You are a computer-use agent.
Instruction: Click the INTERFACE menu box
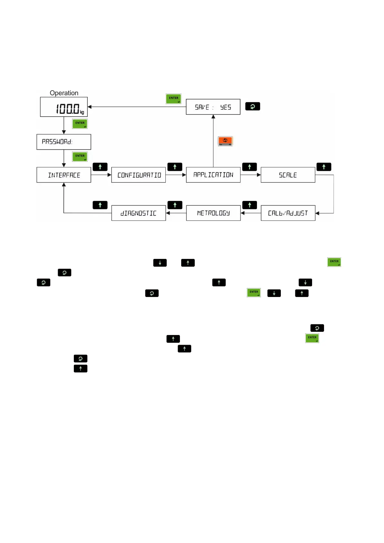(64, 175)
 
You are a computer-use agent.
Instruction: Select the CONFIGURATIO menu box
(139, 175)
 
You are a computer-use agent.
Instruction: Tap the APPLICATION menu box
(213, 175)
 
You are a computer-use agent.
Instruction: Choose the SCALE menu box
(288, 175)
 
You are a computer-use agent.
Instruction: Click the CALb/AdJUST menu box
(288, 213)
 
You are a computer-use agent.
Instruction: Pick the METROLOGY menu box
(213, 213)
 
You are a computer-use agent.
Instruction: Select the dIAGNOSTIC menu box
(139, 213)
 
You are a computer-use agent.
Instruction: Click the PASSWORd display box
(64, 142)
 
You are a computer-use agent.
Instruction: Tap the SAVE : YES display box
(213, 107)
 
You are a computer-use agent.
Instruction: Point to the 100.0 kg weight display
(64, 107)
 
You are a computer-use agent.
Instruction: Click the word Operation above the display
(64, 93)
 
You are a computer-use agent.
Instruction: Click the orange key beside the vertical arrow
(225, 141)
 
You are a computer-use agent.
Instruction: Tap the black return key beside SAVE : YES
(252, 106)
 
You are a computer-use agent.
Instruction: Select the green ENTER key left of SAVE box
(173, 99)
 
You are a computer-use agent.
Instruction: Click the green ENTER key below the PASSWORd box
(80, 156)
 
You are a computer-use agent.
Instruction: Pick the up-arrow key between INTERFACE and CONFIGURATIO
(100, 167)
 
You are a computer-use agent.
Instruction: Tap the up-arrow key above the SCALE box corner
(324, 167)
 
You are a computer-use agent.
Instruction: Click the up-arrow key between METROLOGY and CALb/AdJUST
(250, 205)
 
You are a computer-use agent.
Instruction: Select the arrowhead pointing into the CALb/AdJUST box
(317, 213)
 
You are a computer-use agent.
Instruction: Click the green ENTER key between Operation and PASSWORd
(80, 123)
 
